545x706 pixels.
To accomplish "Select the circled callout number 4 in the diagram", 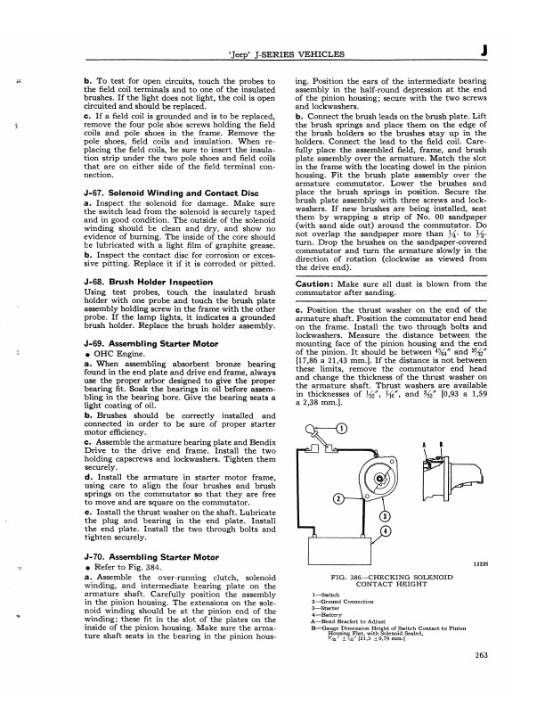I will point(383,532).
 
